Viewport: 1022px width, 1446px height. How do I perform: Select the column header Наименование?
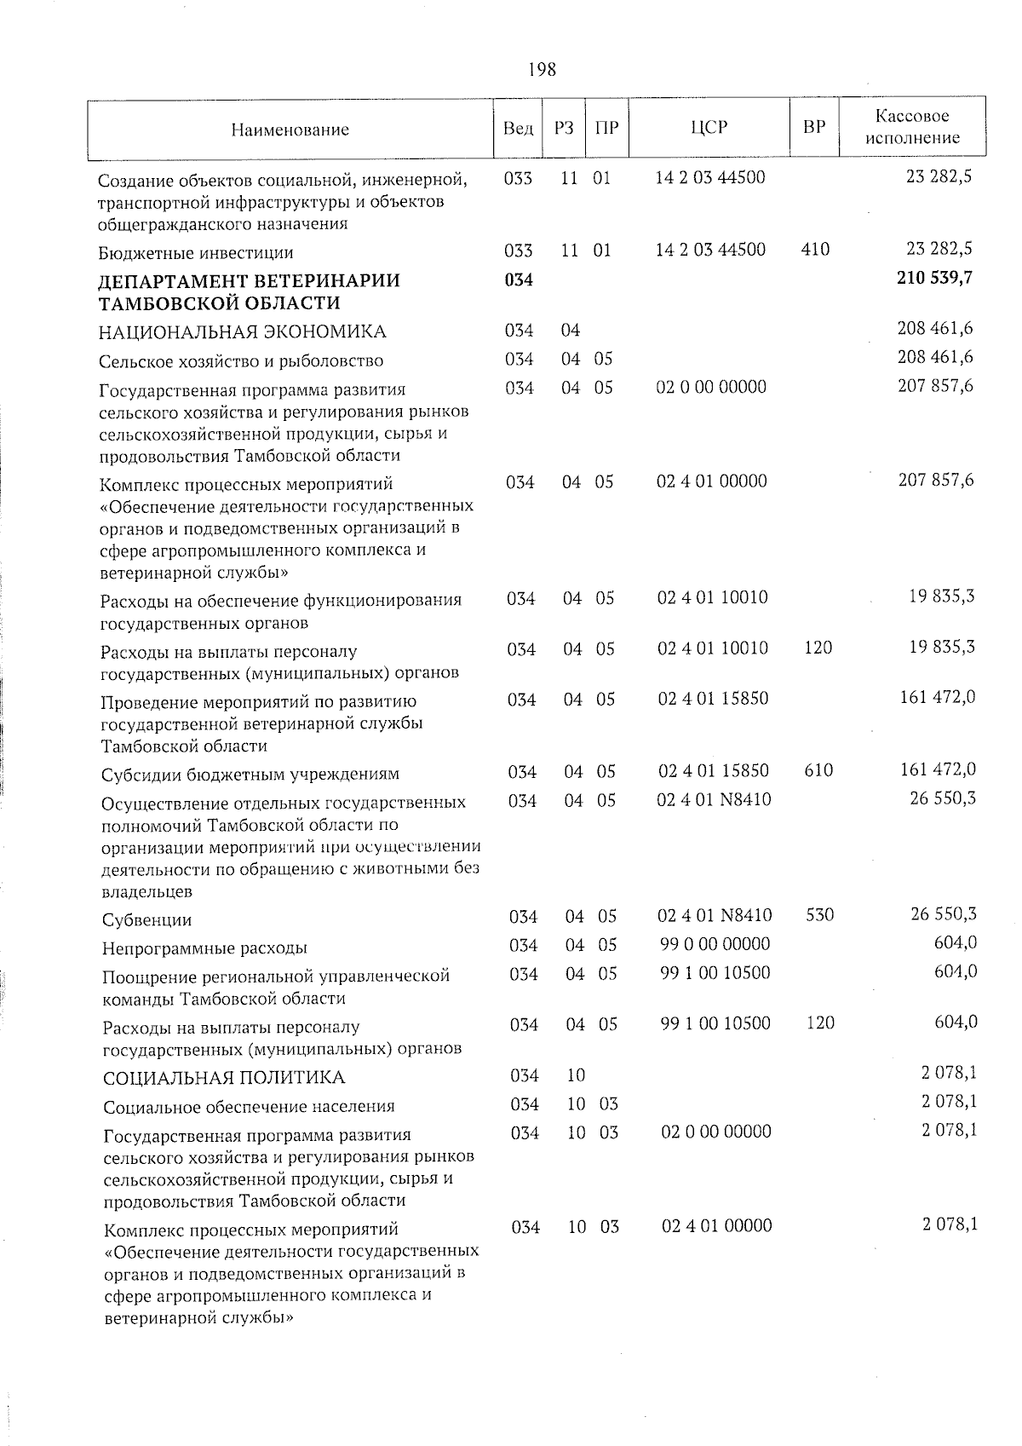290,130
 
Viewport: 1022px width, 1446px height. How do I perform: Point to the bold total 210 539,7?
934,278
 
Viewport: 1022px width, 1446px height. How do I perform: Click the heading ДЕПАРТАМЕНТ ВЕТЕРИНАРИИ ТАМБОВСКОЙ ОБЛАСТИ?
249,291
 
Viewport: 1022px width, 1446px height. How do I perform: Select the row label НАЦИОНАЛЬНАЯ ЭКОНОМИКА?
242,331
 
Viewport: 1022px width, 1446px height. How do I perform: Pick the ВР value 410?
815,250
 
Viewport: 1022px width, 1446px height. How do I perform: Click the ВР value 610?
818,770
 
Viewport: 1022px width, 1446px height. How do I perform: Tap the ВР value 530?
819,915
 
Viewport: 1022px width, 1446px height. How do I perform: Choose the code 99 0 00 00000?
715,943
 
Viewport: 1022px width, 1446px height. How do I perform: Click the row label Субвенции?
146,920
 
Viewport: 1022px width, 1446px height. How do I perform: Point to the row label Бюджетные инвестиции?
196,253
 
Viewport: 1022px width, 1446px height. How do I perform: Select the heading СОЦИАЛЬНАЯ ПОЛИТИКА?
224,1078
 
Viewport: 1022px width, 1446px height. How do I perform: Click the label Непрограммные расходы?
204,948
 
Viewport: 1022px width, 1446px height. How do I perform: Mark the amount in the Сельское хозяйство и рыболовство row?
935,357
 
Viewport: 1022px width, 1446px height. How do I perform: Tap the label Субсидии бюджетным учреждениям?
250,775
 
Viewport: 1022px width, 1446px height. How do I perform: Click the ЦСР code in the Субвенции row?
715,915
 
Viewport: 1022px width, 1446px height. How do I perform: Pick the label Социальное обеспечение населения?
249,1107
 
